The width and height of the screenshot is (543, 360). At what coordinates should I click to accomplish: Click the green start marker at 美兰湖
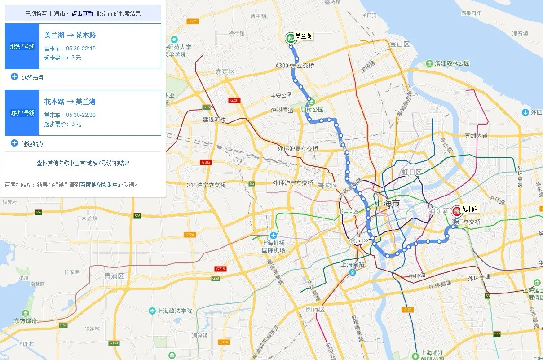pyautogui.click(x=291, y=38)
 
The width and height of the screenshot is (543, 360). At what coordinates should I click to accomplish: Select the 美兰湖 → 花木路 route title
pyautogui.click(x=70, y=36)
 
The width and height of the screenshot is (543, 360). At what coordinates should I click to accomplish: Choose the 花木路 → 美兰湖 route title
pyautogui.click(x=70, y=102)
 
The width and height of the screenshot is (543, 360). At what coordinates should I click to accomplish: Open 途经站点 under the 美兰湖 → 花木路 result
pyautogui.click(x=32, y=77)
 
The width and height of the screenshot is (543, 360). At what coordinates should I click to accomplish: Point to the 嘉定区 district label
pyautogui.click(x=225, y=72)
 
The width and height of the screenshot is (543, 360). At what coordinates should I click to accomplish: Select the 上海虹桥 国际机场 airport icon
pyautogui.click(x=273, y=236)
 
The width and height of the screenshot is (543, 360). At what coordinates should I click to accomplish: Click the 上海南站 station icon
pyautogui.click(x=353, y=272)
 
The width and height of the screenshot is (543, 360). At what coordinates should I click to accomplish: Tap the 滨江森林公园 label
pyautogui.click(x=451, y=64)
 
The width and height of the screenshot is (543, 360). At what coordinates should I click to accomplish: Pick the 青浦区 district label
pyautogui.click(x=114, y=276)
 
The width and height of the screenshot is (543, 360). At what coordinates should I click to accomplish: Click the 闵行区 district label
pyautogui.click(x=315, y=310)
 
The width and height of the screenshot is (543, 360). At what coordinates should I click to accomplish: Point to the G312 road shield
pyautogui.click(x=206, y=162)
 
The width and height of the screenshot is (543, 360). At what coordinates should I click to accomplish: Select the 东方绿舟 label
pyautogui.click(x=26, y=320)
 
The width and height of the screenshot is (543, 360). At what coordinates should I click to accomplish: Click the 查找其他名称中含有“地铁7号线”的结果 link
pyautogui.click(x=83, y=164)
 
